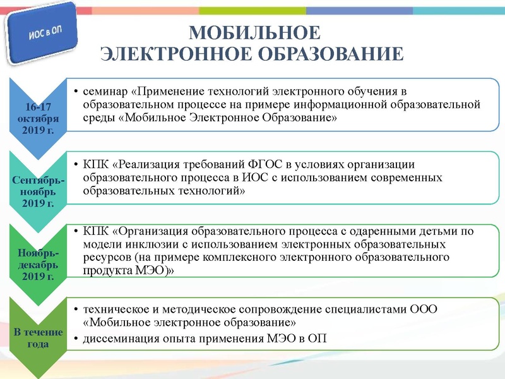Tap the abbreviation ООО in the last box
tap(423, 309)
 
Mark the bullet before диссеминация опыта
tap(76, 339)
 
